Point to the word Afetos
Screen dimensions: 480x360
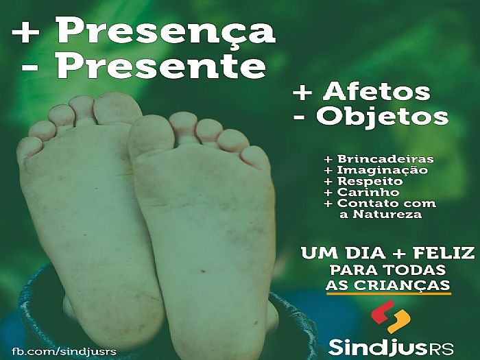376,91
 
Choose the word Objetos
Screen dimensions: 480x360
382,117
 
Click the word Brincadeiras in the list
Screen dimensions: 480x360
385,159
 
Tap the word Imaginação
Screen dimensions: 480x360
382,170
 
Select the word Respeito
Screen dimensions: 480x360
370,181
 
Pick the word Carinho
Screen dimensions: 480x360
368,192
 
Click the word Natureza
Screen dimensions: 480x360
387,214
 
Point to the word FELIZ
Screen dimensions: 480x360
444,254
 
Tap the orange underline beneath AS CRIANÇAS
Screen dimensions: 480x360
389,293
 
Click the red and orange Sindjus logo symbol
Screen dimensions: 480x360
390,317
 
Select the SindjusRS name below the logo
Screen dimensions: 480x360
391,347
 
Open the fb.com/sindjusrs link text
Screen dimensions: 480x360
64,351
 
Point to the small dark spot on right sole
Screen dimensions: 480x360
202,271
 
